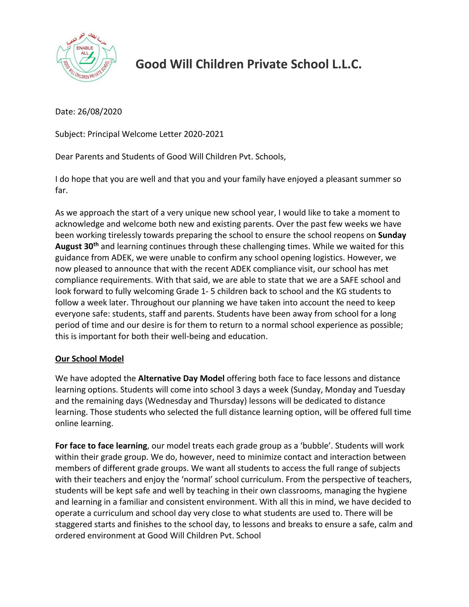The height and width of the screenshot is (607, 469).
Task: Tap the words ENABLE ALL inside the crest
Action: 85,50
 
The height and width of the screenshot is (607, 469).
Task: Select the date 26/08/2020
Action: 100,111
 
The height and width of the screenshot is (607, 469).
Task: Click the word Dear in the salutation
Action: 64,157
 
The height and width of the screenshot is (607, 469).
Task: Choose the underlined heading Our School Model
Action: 89,359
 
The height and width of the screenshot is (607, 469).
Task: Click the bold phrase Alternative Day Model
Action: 181,378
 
